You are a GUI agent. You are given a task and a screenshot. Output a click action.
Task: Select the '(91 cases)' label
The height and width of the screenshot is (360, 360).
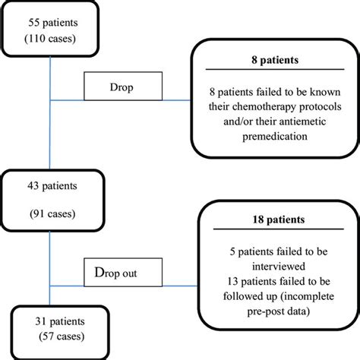pos(52,212)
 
